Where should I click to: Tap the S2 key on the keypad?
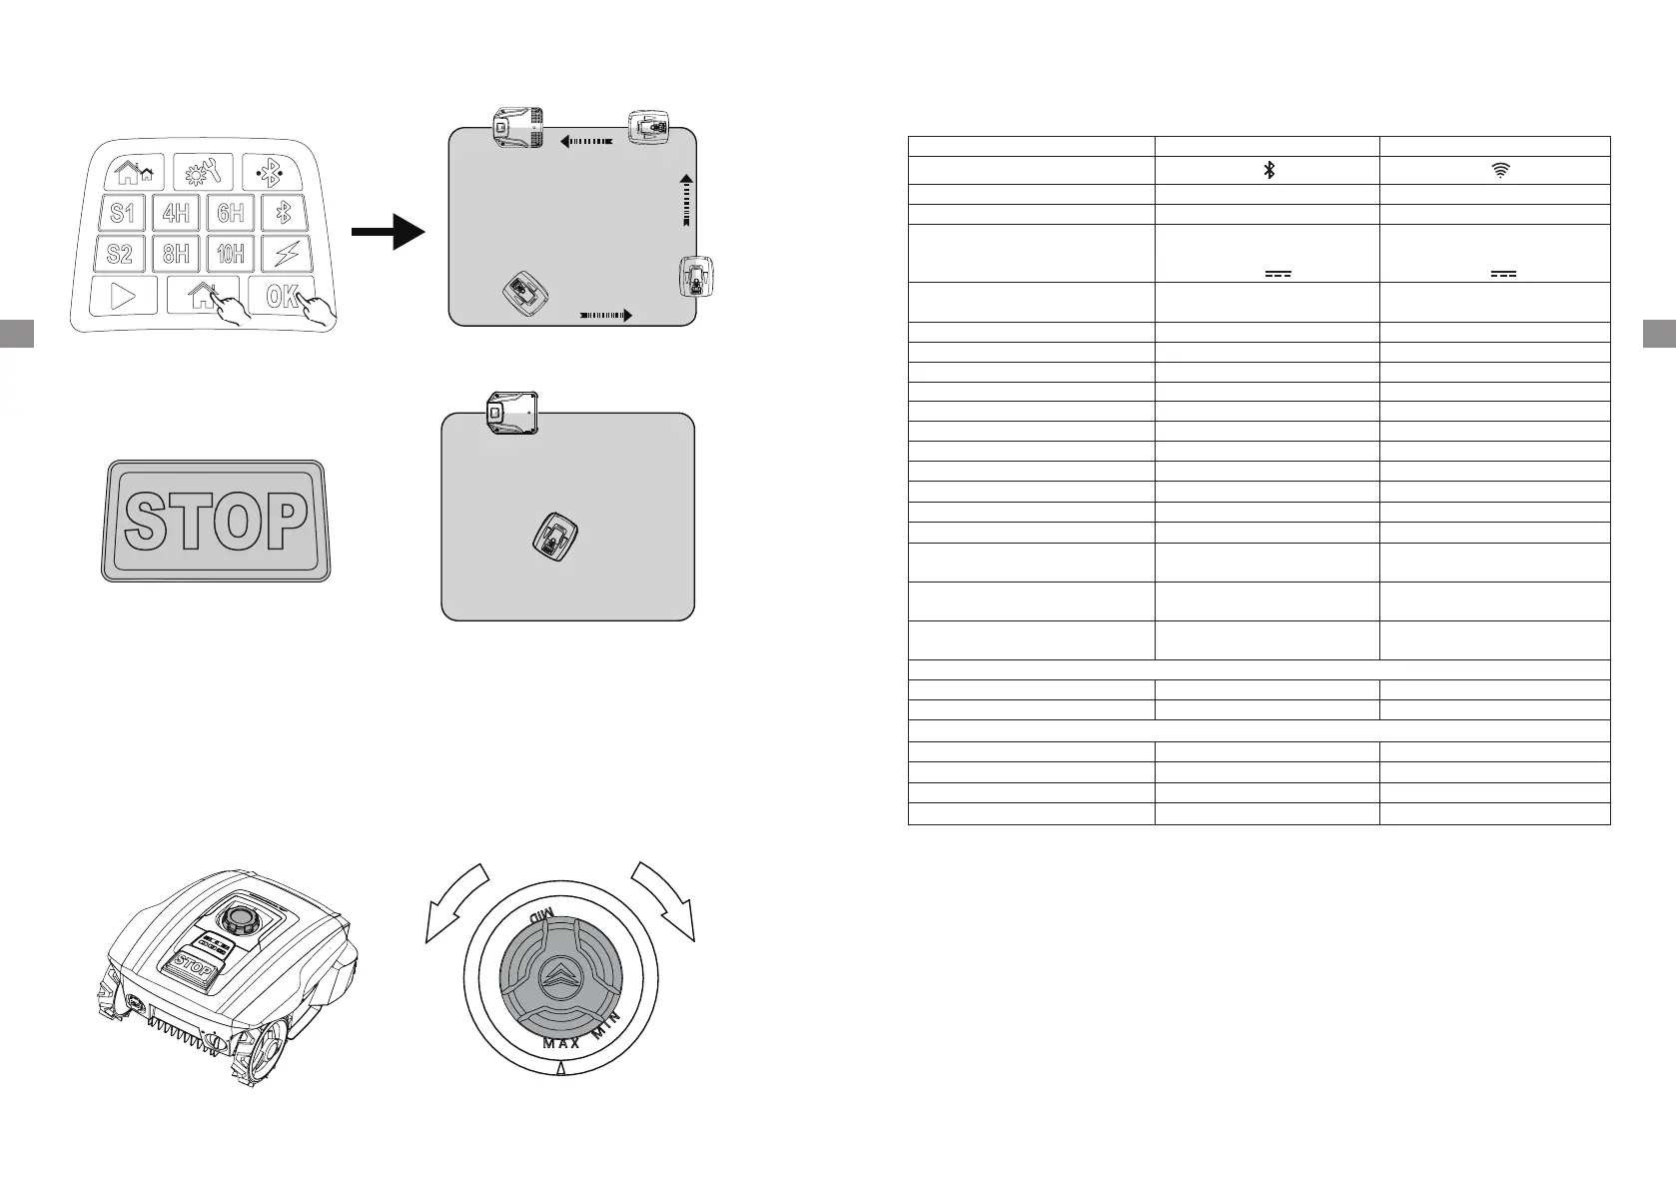[120, 254]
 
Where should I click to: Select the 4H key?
[177, 213]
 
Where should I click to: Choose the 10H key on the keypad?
[231, 254]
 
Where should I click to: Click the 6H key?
[231, 213]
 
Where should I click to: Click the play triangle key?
[123, 297]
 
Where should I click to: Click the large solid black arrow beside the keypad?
[389, 233]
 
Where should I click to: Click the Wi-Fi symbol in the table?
[1500, 171]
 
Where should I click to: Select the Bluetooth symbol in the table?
[1269, 171]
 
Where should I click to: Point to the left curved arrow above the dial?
[454, 901]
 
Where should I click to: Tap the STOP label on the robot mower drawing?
[192, 967]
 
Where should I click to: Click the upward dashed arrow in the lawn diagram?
[686, 204]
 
